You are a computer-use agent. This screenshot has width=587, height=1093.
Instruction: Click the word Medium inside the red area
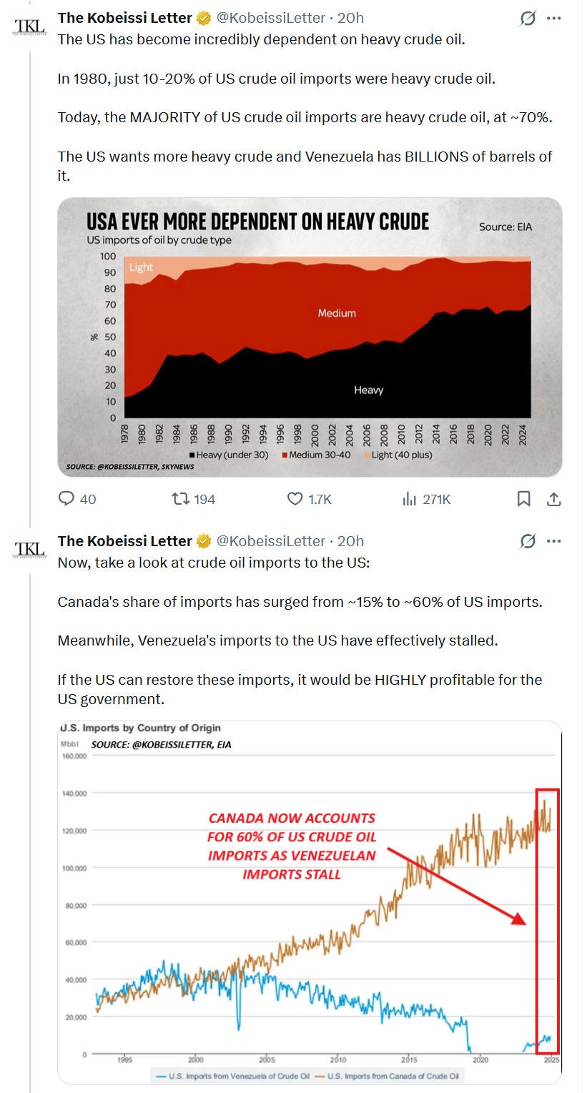click(336, 313)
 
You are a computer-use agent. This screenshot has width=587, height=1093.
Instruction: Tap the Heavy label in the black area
click(368, 390)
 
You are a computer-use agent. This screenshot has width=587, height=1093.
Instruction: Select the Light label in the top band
click(141, 267)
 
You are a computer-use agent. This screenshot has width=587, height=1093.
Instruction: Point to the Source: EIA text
click(505, 227)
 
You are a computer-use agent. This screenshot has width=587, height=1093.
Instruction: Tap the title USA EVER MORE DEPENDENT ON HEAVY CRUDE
click(257, 221)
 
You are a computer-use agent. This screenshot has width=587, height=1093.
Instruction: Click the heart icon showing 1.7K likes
click(295, 499)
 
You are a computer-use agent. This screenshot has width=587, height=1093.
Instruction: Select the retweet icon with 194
click(181, 499)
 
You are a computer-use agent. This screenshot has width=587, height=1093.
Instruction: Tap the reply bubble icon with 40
click(66, 499)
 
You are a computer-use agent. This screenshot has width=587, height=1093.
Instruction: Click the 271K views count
click(436, 499)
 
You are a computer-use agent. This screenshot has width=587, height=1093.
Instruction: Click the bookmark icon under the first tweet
click(523, 499)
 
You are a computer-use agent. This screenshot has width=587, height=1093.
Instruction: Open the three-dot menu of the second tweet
click(553, 541)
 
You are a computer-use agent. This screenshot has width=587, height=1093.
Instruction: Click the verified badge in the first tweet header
click(203, 18)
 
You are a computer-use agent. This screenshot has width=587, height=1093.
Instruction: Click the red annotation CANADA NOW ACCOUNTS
click(292, 818)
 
